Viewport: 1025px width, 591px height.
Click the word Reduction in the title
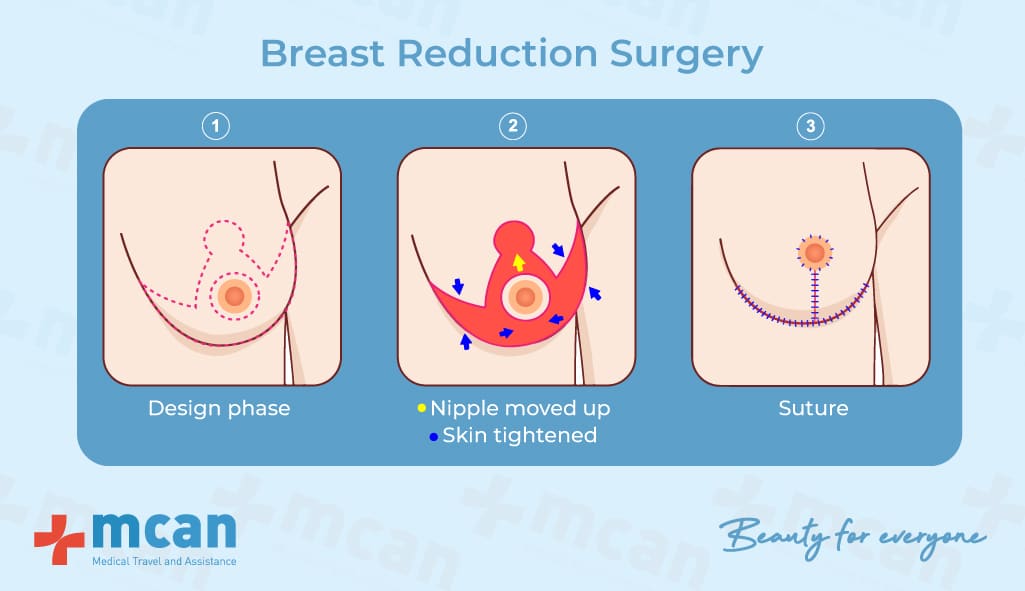pos(497,53)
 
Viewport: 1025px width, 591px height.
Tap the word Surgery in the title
pos(686,56)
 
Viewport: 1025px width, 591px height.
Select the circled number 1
pos(216,126)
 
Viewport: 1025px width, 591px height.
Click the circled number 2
pos(512,126)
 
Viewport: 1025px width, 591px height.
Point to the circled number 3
pos(811,126)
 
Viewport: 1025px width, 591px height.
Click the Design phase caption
pos(219,409)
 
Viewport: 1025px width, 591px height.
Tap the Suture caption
pos(813,408)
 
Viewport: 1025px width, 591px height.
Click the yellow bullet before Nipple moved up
pos(422,408)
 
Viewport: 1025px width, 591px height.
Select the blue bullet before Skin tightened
pos(433,436)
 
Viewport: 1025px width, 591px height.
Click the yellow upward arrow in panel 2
pos(518,262)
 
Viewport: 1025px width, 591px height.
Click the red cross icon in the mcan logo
pos(59,539)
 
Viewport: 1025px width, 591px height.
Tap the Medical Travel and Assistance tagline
pos(164,561)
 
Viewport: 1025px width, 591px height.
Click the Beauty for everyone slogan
pos(852,537)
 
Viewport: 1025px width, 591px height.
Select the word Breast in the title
pos(322,53)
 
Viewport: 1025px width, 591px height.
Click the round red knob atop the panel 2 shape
pos(514,238)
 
